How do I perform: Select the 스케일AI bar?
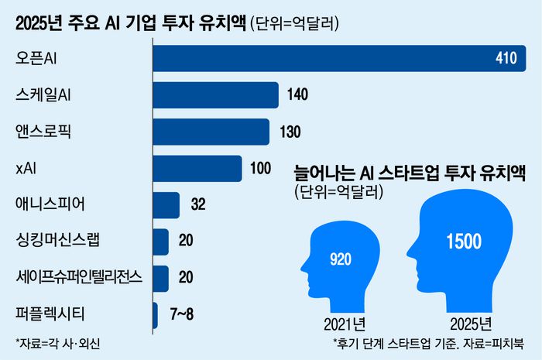[x=215, y=95]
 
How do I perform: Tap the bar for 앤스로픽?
[x=211, y=132]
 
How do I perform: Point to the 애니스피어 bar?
[x=166, y=204]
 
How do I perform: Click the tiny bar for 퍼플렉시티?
[x=156, y=314]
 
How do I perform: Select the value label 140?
[x=297, y=95]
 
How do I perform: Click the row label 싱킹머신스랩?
[x=58, y=242]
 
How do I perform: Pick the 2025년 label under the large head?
[x=462, y=322]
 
